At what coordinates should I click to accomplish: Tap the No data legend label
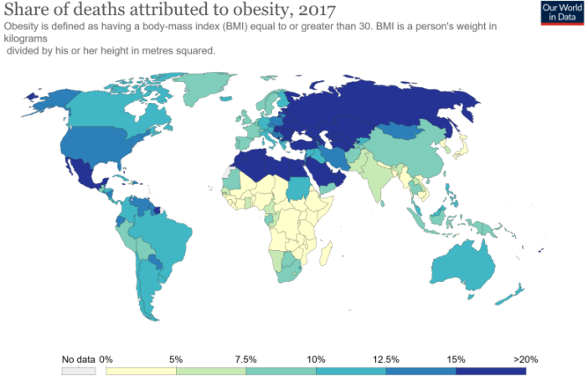(x=78, y=359)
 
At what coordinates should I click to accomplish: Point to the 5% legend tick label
(x=176, y=359)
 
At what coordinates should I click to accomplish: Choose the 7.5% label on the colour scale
(x=245, y=359)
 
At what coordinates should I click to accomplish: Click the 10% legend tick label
(x=316, y=359)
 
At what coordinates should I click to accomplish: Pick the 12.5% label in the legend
(x=385, y=359)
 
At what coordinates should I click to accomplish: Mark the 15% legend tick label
(x=456, y=359)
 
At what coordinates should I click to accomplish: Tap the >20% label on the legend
(x=524, y=359)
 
